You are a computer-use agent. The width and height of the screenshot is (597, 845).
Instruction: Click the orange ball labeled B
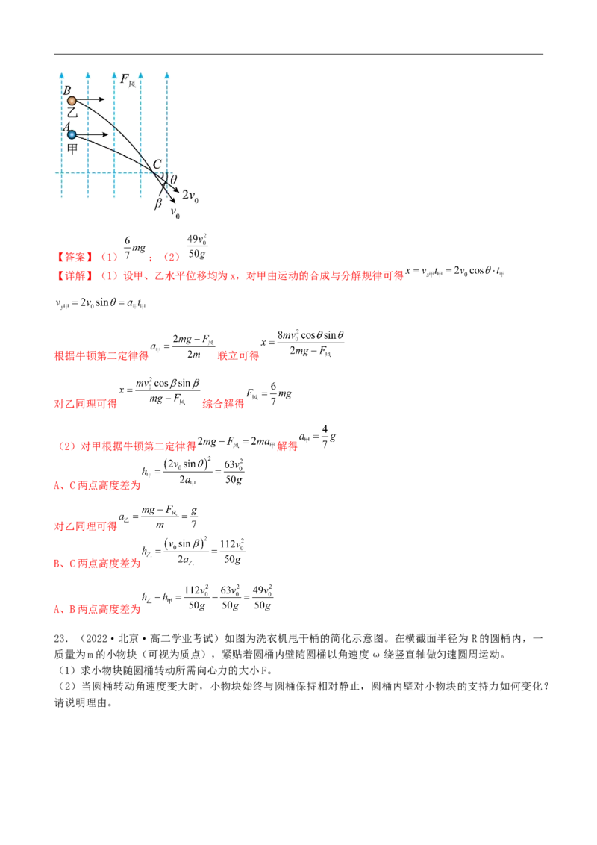pyautogui.click(x=71, y=100)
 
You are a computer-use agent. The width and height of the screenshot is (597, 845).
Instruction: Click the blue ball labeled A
pyautogui.click(x=72, y=134)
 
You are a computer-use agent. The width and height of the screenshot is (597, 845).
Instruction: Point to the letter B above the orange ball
pyautogui.click(x=67, y=90)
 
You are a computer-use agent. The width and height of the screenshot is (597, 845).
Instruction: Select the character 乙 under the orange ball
pyautogui.click(x=72, y=113)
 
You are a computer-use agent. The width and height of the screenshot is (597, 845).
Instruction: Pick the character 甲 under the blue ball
pyautogui.click(x=72, y=147)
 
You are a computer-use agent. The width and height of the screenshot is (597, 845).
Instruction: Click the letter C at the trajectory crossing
pyautogui.click(x=157, y=164)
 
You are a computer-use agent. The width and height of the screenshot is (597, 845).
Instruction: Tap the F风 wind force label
pyautogui.click(x=128, y=78)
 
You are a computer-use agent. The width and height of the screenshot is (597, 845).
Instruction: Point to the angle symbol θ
pyautogui.click(x=175, y=180)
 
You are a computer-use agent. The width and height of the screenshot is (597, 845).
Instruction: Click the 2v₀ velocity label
pyautogui.click(x=192, y=196)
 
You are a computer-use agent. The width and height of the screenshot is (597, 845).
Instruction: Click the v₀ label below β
pyautogui.click(x=176, y=215)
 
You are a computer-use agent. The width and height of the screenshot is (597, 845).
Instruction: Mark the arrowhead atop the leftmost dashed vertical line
pyautogui.click(x=61, y=75)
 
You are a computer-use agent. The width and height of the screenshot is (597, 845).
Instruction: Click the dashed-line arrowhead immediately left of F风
pyautogui.click(x=114, y=75)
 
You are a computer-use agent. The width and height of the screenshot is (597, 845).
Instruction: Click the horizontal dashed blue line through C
pyautogui.click(x=112, y=173)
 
